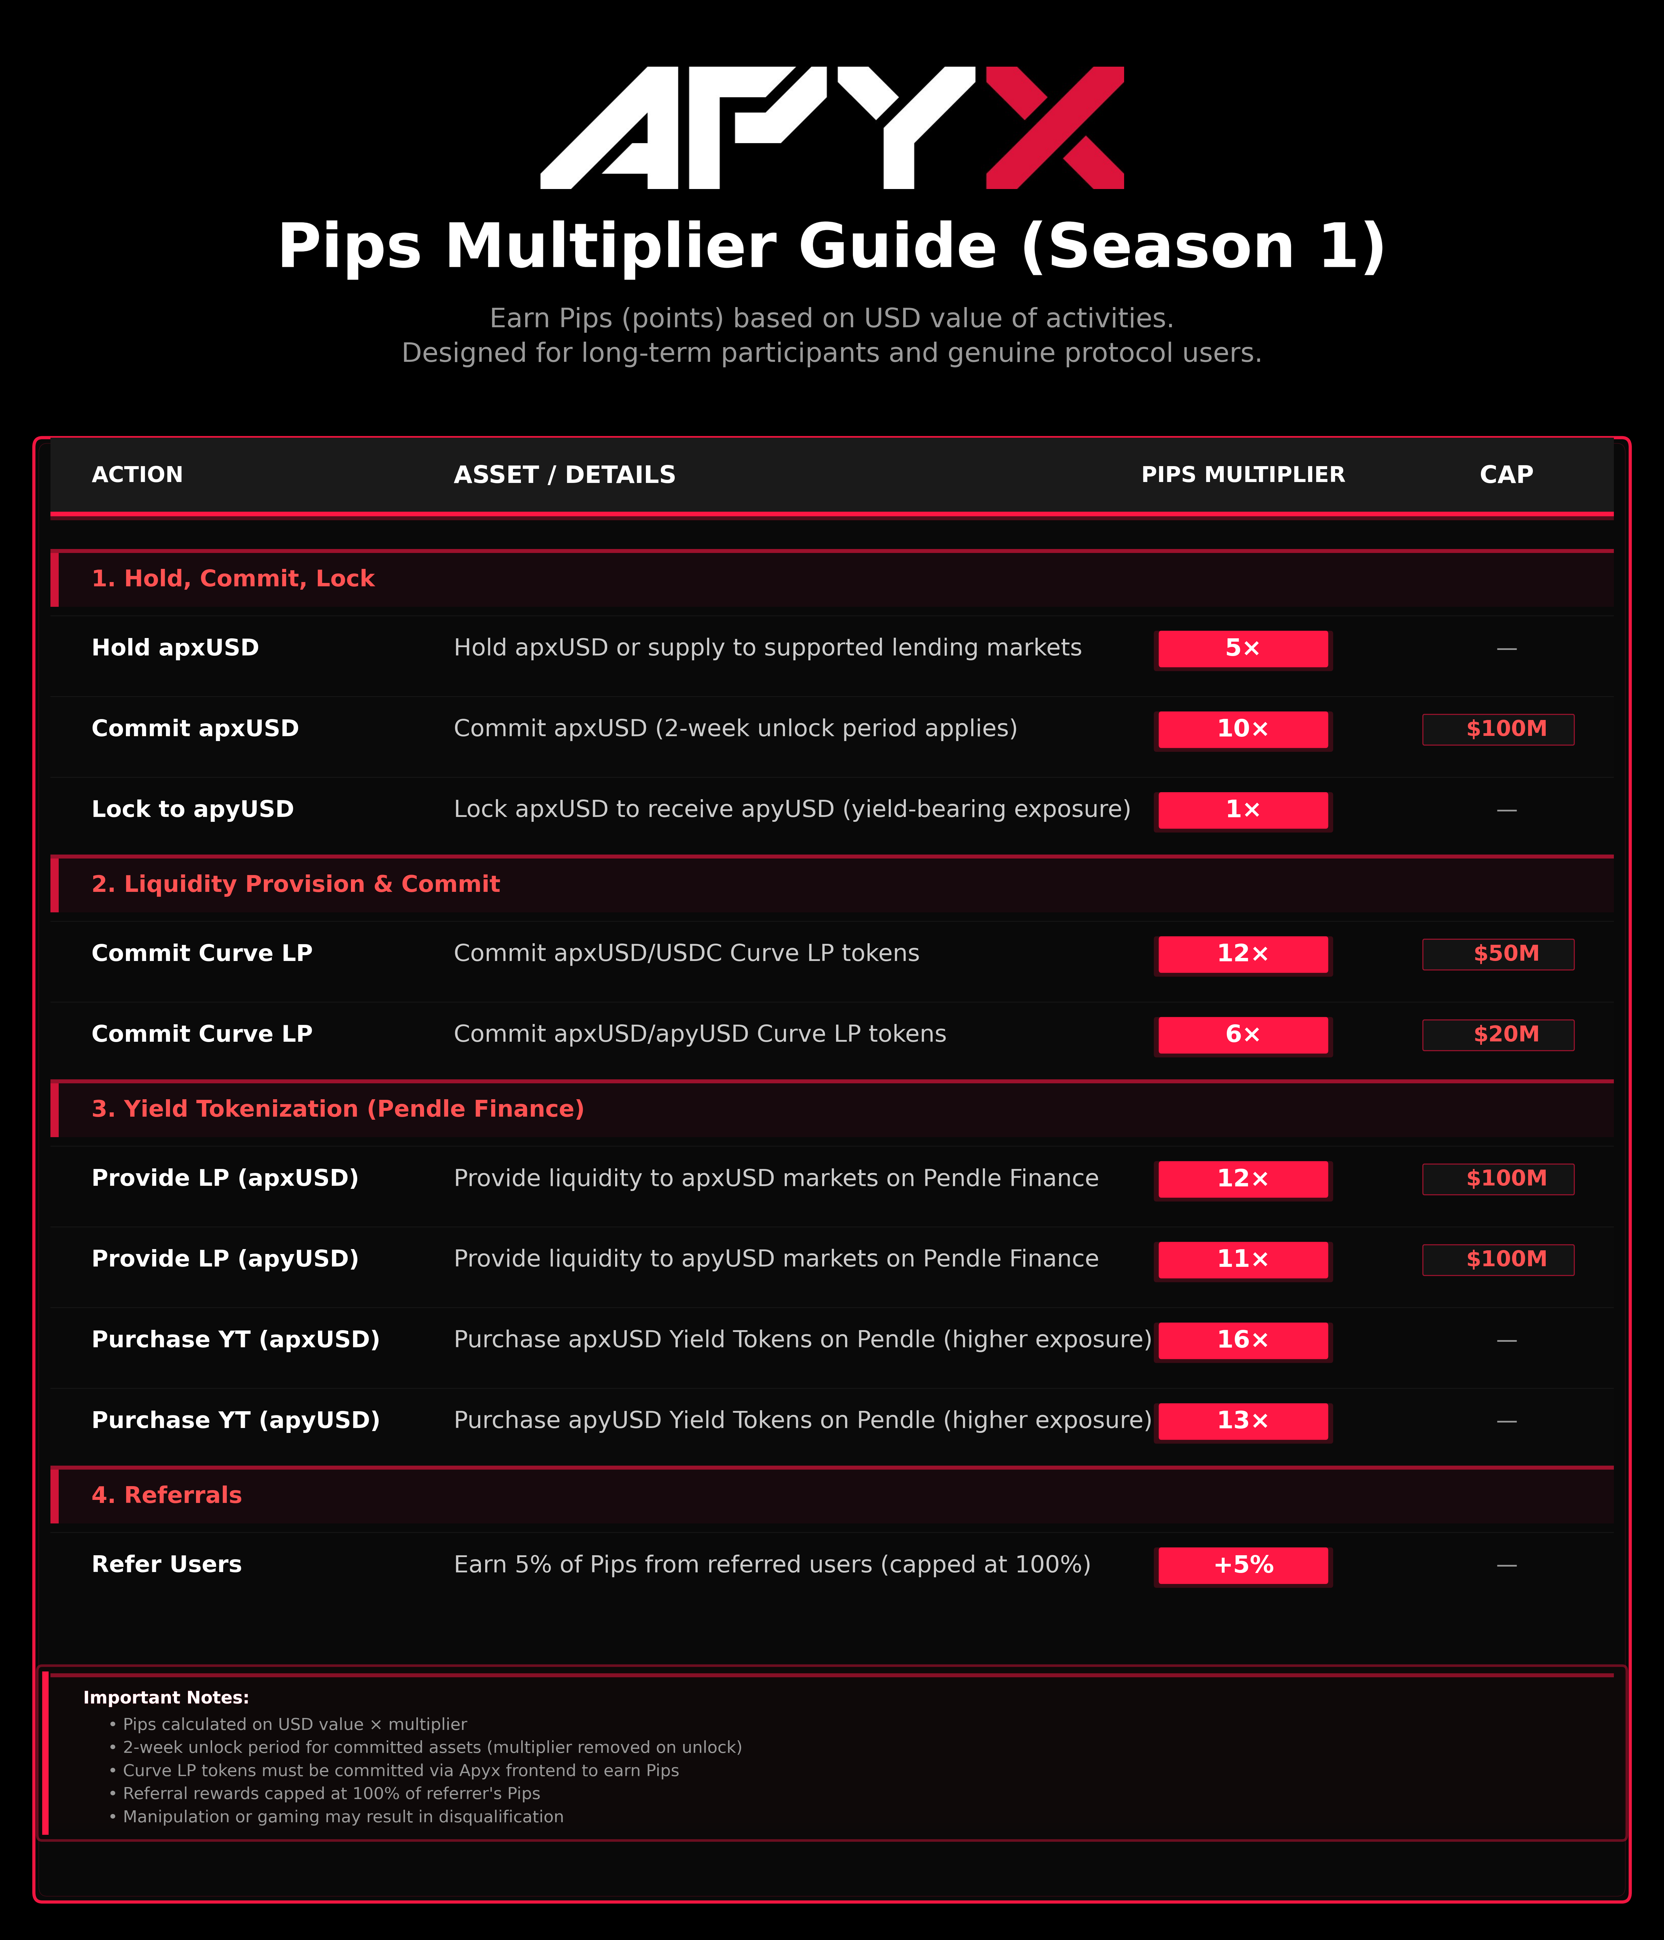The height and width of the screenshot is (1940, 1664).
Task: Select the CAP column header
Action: tap(1506, 475)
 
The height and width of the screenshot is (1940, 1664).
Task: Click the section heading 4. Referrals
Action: tap(167, 1495)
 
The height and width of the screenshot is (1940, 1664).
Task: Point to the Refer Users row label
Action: tap(167, 1564)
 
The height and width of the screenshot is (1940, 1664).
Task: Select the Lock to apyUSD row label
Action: tap(193, 809)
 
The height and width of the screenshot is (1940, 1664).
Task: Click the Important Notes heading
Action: tap(166, 1697)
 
